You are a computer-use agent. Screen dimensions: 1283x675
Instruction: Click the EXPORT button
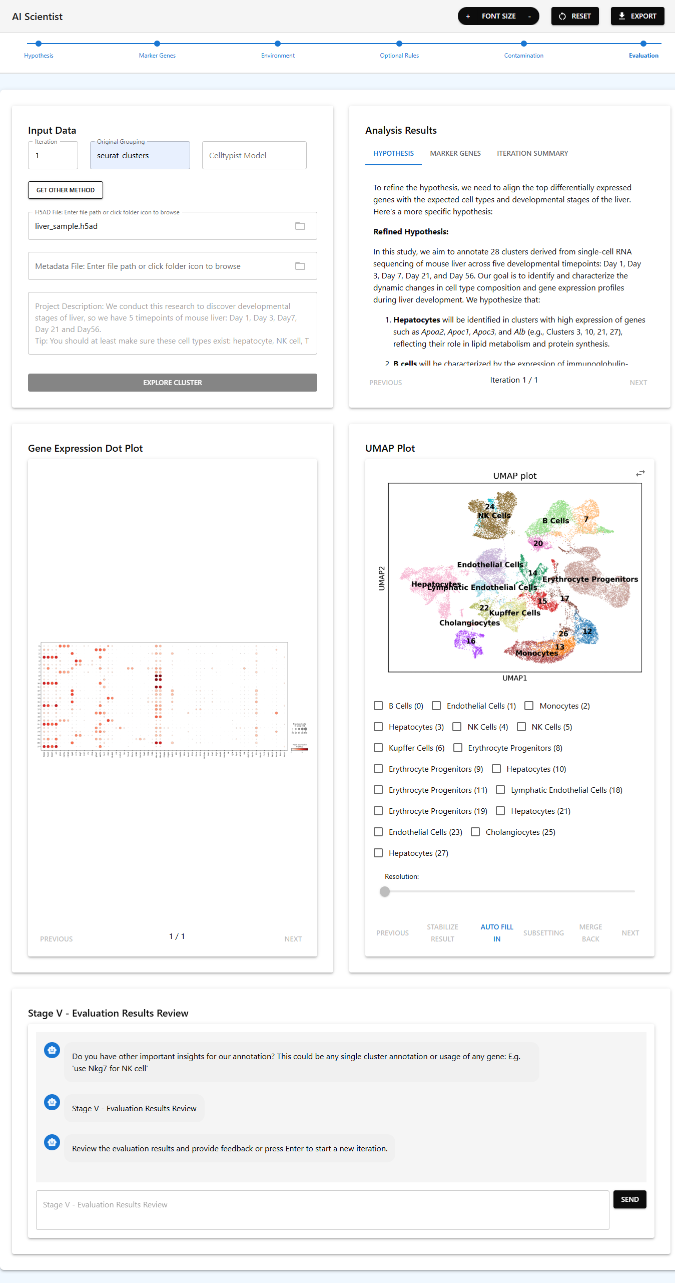637,16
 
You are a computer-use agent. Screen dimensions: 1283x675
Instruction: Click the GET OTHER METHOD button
65,190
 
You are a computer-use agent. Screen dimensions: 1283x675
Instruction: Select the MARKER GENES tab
455,153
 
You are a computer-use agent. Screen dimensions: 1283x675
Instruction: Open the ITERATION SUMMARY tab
532,153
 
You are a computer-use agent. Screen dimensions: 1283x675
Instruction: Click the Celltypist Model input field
254,155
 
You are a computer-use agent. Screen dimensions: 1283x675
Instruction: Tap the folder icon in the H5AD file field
300,226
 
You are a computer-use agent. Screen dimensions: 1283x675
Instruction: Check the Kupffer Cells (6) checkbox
378,748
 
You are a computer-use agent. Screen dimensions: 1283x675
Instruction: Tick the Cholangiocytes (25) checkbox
475,832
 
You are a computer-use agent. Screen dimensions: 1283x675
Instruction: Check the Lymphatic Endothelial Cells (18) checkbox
500,790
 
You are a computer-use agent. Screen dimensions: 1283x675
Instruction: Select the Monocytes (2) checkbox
529,706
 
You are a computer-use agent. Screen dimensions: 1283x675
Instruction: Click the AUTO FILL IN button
496,933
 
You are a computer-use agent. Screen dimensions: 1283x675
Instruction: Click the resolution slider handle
384,891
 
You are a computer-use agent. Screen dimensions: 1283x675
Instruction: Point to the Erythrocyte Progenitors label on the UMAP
590,579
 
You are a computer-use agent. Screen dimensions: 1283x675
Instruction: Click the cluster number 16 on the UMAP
470,641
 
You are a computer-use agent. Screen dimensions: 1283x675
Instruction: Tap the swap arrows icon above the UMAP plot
640,473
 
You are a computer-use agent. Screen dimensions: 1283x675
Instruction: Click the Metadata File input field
160,266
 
